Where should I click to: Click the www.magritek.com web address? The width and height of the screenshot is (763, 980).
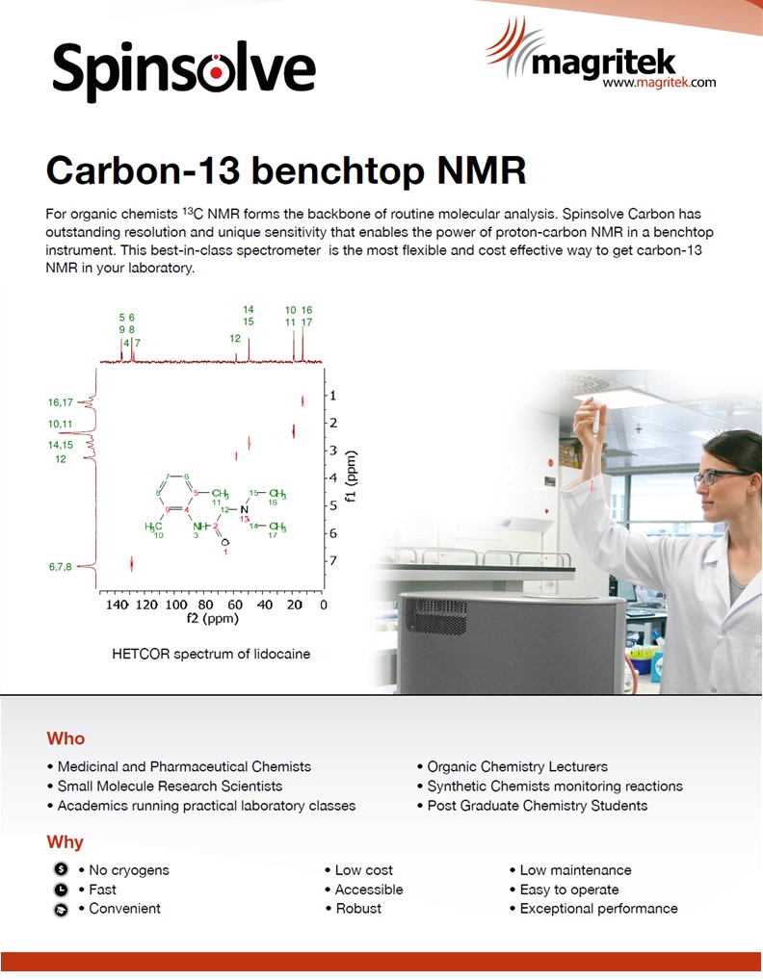659,83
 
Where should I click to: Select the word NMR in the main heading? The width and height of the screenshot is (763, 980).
482,170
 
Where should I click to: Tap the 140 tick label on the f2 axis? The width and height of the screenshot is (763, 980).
117,605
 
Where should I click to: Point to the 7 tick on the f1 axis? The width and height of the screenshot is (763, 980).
333,560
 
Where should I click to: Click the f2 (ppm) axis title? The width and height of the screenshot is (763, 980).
213,619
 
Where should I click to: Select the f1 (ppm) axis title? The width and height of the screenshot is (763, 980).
351,477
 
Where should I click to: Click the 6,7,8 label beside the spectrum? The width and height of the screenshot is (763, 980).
60,567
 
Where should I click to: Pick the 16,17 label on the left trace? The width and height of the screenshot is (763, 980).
60,402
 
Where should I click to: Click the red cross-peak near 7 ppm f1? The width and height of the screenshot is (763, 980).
131,564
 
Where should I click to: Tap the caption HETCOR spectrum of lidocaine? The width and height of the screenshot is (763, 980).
211,654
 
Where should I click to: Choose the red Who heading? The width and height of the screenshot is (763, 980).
66,738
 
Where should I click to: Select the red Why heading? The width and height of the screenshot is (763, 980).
66,842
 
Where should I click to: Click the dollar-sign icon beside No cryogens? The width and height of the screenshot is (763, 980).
61,868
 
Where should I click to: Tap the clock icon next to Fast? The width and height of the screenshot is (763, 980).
61,890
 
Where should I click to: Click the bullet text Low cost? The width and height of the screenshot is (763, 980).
364,870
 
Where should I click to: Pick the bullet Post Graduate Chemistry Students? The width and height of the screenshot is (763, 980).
538,806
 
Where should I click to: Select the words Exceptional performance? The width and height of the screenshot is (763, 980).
598,909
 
